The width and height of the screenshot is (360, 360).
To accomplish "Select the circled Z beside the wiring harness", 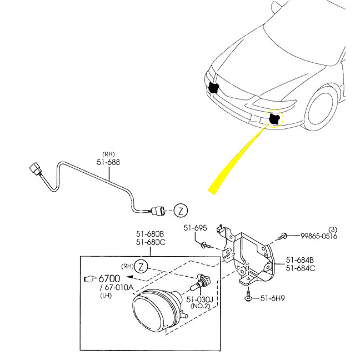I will point(181,211).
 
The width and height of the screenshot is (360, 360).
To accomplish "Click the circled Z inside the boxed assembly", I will point(142,266).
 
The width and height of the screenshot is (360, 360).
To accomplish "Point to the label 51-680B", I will point(150,234).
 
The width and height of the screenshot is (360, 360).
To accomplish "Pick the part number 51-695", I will point(195,228).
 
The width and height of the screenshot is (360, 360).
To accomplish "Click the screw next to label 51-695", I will point(204,244).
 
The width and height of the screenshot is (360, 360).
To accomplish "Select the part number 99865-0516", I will point(319,236).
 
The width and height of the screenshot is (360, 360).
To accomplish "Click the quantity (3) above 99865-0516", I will point(333,229).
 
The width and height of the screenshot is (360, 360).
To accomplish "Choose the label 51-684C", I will point(300,268).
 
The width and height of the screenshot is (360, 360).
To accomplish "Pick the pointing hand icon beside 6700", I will point(89,278).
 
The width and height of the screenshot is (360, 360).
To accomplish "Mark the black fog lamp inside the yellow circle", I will point(274,118).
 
